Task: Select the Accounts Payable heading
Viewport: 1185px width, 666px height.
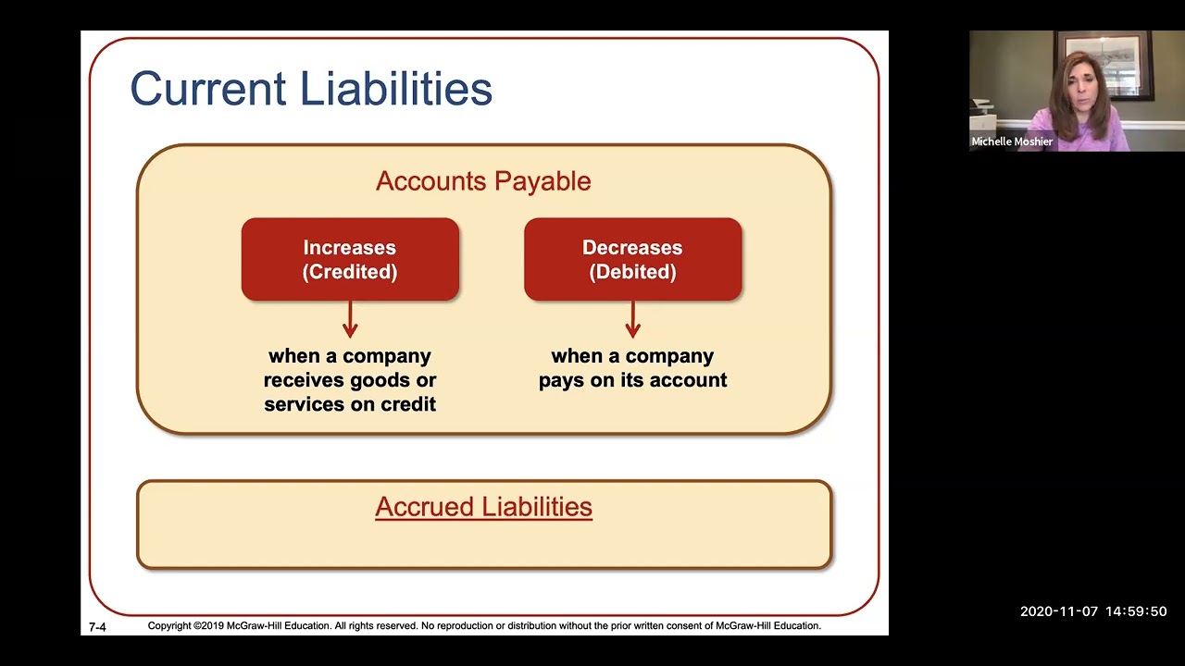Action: click(483, 181)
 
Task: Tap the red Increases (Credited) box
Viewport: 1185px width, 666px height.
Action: click(350, 259)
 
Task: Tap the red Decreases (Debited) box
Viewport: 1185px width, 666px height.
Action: click(632, 259)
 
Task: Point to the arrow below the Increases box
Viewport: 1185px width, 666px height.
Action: click(350, 320)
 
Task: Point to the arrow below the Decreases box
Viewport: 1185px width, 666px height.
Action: click(632, 320)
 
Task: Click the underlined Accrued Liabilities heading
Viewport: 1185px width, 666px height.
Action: click(483, 507)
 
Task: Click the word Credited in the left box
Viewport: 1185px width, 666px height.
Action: click(350, 272)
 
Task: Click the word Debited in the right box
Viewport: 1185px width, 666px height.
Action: click(632, 272)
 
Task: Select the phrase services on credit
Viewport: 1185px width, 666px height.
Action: click(350, 404)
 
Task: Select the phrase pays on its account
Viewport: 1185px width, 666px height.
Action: click(632, 380)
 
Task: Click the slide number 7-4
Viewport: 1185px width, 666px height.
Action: click(97, 627)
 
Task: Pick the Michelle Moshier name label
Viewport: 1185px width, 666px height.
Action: click(1012, 142)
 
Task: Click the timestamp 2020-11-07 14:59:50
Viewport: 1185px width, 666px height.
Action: click(1093, 611)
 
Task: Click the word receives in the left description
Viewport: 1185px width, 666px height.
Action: click(311, 380)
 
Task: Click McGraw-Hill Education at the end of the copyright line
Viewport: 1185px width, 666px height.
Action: click(767, 626)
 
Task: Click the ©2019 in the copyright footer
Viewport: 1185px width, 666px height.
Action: click(207, 626)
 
